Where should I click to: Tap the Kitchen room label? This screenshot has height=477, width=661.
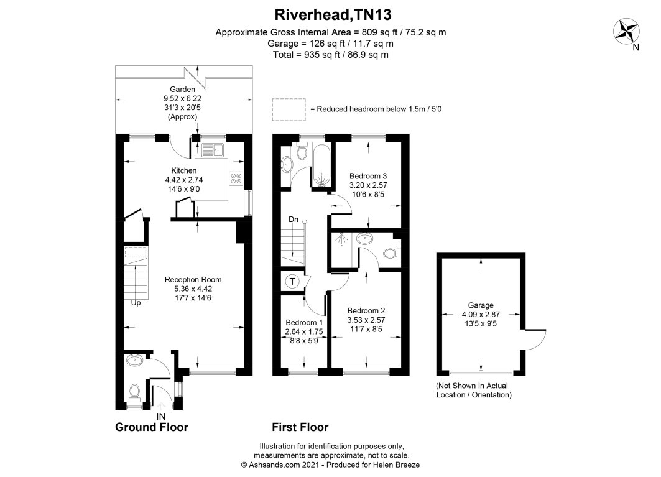(184, 170)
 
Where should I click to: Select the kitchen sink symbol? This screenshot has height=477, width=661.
(213, 149)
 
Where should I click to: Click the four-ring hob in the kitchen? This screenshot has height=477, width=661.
(236, 178)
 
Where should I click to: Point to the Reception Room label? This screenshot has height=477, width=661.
(192, 279)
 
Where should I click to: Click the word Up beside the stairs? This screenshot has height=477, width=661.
(136, 303)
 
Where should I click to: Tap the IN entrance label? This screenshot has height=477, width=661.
(160, 415)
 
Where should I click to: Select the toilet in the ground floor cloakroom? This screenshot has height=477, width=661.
(134, 392)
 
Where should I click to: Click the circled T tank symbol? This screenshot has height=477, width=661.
(292, 281)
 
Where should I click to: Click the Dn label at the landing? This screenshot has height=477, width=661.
(294, 220)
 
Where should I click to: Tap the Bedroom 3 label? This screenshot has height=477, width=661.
(368, 175)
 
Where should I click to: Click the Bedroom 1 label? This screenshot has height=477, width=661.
(304, 323)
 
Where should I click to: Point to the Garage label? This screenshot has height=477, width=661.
(481, 305)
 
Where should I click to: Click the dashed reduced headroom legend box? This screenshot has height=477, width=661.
(289, 109)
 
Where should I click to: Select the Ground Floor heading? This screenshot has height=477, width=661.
(151, 427)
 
